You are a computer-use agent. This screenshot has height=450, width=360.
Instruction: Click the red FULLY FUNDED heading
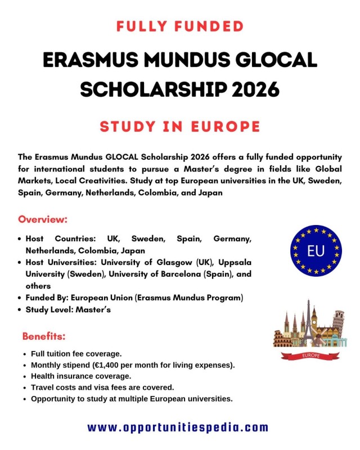pos(180,26)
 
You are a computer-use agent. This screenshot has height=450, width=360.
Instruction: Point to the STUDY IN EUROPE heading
pos(180,126)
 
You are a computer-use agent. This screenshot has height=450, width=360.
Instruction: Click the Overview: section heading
pos(43,219)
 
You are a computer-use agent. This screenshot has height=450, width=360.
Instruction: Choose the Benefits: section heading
pos(44,337)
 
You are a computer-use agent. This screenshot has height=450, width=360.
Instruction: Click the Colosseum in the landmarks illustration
pos(283,339)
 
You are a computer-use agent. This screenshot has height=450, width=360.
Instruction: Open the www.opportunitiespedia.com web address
pos(178,427)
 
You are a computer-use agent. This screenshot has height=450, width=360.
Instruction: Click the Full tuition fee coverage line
pos(76,354)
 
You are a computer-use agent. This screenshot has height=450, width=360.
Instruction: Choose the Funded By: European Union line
pos(134,297)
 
